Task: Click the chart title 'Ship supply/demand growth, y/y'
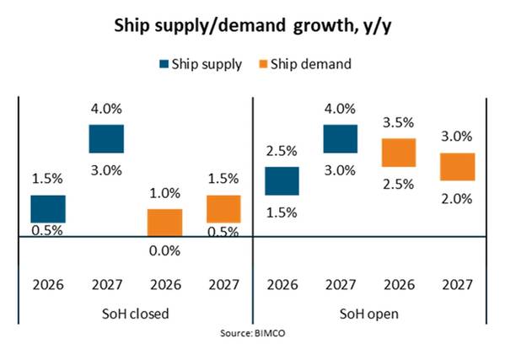253,26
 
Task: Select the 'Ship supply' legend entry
201,64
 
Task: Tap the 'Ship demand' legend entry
305,64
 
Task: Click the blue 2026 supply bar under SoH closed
48,209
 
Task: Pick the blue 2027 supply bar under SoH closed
106,139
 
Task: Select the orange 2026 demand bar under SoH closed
165,223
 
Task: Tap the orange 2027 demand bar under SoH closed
223,209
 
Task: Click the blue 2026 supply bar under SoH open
282,181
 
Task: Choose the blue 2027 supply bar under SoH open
341,139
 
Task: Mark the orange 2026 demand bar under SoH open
399,153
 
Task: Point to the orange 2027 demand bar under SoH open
457,167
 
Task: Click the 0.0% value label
164,251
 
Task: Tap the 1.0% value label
164,193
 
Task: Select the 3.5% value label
399,123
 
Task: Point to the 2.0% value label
457,199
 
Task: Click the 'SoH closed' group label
135,314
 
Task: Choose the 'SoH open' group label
368,314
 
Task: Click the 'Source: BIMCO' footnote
253,333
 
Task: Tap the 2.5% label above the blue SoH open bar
282,151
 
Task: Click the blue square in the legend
164,64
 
